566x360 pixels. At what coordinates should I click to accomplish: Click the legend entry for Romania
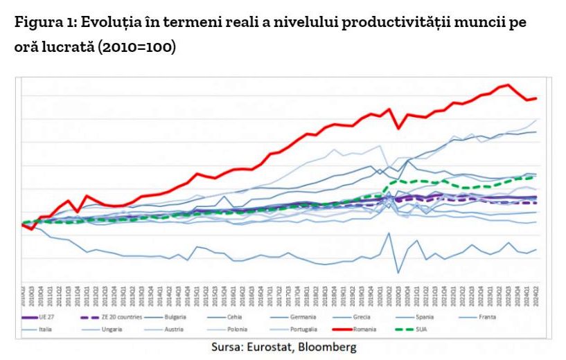click(364, 330)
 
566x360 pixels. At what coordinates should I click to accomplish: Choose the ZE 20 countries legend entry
click(123, 318)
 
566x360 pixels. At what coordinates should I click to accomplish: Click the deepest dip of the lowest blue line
click(398, 273)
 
